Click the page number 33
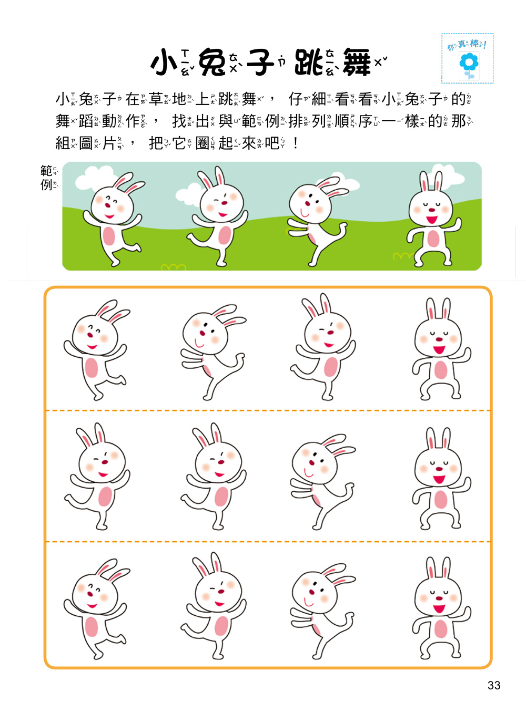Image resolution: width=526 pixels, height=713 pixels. [x=494, y=685]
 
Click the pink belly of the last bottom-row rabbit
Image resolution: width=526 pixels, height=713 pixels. [x=441, y=628]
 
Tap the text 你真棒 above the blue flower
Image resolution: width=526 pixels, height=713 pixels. [x=467, y=45]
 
